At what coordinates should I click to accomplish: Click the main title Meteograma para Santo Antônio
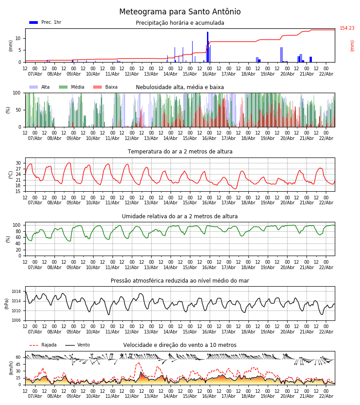click(180, 12)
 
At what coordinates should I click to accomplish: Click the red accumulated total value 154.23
click(347, 28)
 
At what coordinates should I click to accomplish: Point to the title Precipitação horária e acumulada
click(180, 23)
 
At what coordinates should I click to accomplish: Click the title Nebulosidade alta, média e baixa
click(180, 87)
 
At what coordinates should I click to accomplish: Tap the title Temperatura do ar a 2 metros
click(180, 152)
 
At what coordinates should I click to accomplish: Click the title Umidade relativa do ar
click(180, 216)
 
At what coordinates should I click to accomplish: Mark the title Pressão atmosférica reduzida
click(180, 281)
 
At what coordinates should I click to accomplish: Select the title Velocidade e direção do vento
click(180, 345)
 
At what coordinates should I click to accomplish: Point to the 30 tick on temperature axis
click(18, 163)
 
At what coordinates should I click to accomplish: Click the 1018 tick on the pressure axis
click(16, 292)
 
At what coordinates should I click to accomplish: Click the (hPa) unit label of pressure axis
click(7, 303)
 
